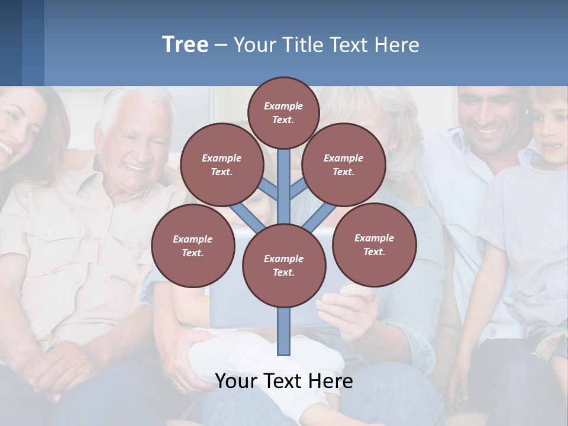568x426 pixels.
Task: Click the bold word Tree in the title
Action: (x=185, y=45)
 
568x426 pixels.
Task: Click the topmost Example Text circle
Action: (x=283, y=112)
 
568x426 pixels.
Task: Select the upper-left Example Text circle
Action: (x=221, y=164)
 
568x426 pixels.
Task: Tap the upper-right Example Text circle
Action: (x=343, y=164)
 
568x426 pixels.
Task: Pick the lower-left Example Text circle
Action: (x=192, y=246)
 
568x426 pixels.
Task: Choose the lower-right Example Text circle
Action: (x=374, y=244)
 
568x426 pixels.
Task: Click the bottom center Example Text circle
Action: (x=284, y=265)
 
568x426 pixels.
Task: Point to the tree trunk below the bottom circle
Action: (x=284, y=331)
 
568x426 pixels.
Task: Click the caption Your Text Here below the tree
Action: (x=283, y=380)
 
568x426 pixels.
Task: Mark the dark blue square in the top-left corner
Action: (x=11, y=41)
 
